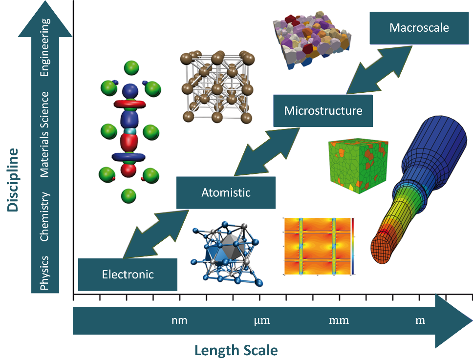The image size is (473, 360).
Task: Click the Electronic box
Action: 128,275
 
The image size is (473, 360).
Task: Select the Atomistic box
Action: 226,192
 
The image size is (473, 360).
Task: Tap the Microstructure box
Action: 323,110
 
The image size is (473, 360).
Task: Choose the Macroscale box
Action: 419,27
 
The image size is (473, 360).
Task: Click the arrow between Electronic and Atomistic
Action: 155,233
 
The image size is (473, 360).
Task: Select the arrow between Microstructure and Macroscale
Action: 379,69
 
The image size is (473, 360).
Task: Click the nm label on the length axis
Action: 179,321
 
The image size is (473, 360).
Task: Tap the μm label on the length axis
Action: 262,321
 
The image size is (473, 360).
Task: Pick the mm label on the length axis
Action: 339,321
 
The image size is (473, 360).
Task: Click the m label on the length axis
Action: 420,321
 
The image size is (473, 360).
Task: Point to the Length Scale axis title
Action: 236,350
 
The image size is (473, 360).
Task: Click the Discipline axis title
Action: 13,179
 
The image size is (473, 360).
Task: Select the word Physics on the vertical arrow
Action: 45,273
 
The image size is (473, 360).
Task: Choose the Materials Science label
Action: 45,134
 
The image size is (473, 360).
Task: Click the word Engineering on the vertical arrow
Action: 45,47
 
